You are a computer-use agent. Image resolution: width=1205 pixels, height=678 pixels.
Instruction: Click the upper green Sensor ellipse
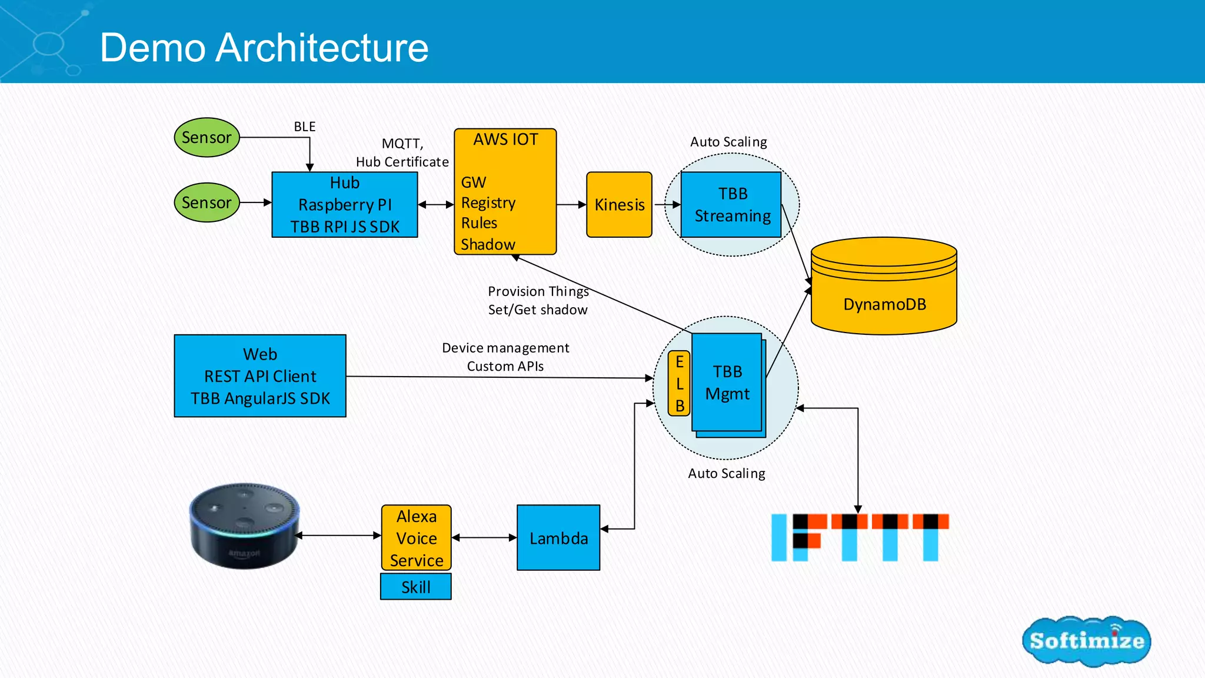click(207, 138)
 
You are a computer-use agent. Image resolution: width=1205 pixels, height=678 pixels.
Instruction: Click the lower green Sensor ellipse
click(207, 202)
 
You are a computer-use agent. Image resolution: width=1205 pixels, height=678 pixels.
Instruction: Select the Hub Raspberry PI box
click(345, 205)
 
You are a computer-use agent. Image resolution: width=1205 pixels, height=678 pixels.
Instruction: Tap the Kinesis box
click(619, 205)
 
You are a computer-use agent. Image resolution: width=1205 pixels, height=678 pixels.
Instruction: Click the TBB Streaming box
click(731, 205)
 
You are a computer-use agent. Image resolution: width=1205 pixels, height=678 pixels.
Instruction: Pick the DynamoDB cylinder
click(884, 288)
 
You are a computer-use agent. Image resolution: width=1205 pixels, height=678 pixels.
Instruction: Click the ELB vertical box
click(679, 383)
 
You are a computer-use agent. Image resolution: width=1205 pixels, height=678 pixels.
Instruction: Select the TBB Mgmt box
click(727, 383)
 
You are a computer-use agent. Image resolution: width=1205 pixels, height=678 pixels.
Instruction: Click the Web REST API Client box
click(260, 376)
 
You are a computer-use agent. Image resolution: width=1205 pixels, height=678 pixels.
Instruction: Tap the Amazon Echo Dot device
click(244, 526)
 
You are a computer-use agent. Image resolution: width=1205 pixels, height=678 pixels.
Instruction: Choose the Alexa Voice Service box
click(416, 537)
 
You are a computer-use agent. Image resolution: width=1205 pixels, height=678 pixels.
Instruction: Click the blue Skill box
click(415, 587)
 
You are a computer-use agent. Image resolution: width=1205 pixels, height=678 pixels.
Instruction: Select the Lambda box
click(558, 537)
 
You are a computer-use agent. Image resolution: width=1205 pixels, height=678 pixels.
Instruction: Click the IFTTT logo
click(860, 537)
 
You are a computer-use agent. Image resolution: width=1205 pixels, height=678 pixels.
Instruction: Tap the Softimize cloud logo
click(1086, 640)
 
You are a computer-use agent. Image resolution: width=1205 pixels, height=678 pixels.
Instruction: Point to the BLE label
click(304, 127)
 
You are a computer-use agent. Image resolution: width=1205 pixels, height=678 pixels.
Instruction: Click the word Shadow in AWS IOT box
click(488, 244)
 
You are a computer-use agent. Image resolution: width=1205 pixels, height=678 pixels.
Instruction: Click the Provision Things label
click(538, 291)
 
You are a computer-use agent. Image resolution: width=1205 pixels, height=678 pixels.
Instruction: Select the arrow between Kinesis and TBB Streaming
click(667, 205)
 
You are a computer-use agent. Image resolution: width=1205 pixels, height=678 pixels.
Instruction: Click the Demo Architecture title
click(264, 47)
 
